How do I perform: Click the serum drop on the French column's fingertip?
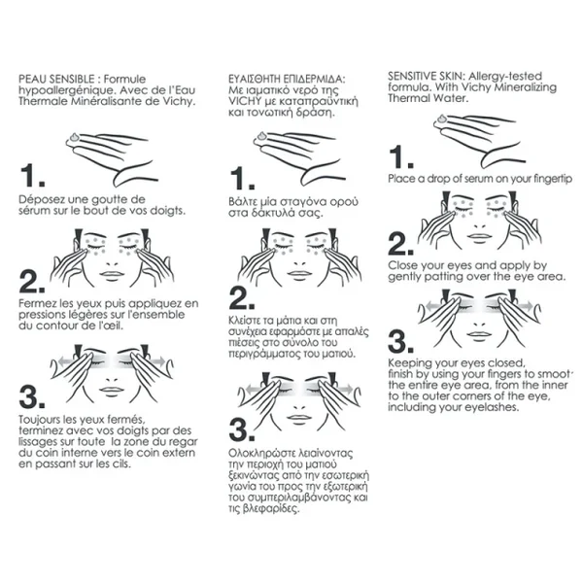75,137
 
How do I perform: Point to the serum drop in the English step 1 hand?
442,119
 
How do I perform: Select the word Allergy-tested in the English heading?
505,76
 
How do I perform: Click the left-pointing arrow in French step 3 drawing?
65,360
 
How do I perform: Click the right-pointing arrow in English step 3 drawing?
525,306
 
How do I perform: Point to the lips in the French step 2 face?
112,275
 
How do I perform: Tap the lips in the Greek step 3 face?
299,417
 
